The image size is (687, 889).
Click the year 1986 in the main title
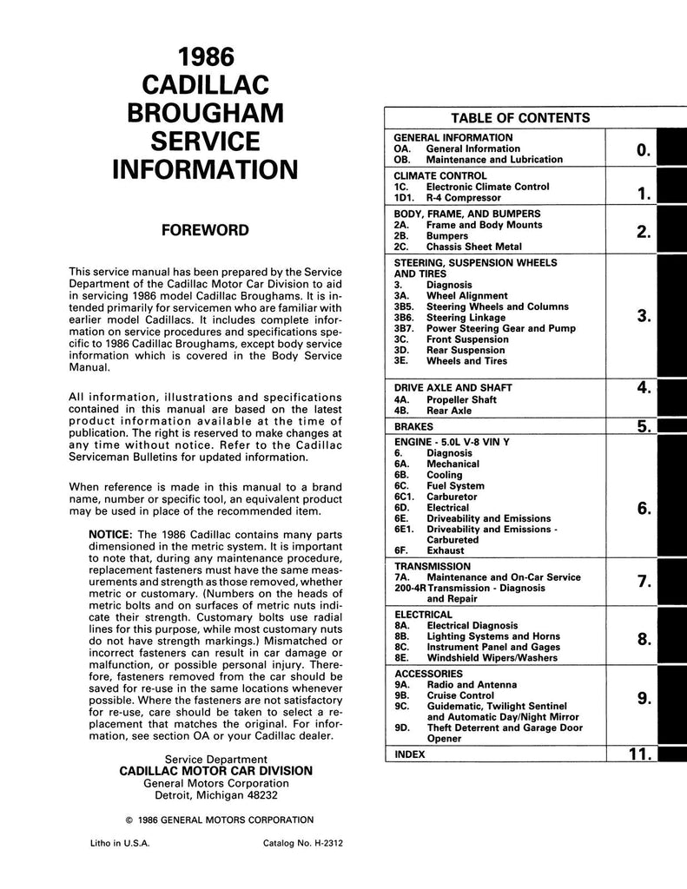[206, 57]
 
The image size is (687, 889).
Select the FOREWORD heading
[206, 230]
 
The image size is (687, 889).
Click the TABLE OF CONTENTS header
[520, 118]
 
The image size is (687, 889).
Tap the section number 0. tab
[643, 151]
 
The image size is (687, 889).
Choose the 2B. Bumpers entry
[431, 235]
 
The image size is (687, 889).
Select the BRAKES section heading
[414, 427]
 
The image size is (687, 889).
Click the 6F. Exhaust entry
[429, 550]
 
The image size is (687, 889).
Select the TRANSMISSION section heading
[433, 565]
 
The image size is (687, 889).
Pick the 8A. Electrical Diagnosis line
[455, 625]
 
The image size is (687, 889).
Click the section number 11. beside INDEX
[640, 754]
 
